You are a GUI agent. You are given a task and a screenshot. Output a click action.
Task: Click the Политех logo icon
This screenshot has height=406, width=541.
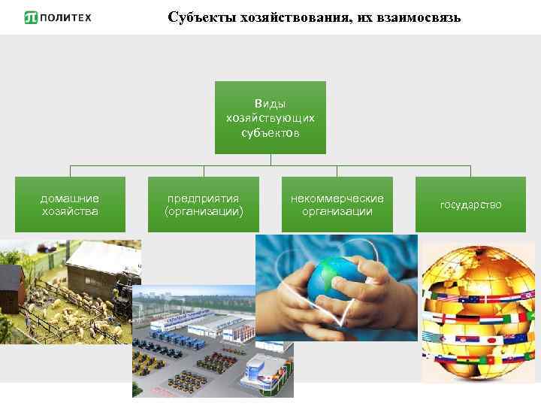[x=31, y=17]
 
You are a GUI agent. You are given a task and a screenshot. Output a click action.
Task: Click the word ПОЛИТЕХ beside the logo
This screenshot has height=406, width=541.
[x=66, y=17]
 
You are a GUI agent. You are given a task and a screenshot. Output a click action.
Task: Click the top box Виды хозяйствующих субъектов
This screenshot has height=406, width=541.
[x=270, y=118]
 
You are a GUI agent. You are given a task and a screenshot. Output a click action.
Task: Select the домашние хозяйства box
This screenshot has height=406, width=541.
[x=70, y=205]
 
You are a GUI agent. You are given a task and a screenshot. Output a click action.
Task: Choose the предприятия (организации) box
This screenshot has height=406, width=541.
[x=204, y=205]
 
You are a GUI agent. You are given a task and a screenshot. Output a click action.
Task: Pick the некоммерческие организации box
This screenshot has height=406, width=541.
[x=337, y=205]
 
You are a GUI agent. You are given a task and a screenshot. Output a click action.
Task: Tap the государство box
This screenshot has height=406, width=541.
[x=471, y=205]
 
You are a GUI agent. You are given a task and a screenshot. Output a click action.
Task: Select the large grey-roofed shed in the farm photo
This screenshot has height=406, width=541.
[x=101, y=263]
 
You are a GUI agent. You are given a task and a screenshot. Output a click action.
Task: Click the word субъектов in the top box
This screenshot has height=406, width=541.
[x=270, y=133]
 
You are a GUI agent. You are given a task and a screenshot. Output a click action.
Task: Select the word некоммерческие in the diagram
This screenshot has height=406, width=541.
[x=337, y=198]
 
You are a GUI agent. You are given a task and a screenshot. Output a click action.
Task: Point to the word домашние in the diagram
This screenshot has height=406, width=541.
[x=70, y=198]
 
